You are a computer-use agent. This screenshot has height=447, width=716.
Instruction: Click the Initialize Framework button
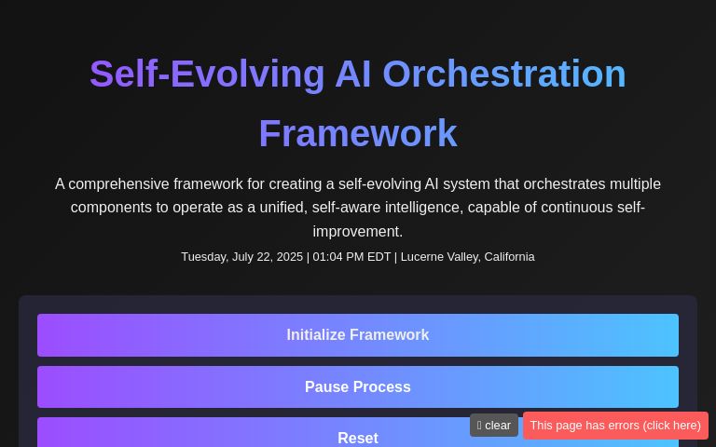click(357, 335)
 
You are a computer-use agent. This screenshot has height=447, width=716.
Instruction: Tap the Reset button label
click(357, 438)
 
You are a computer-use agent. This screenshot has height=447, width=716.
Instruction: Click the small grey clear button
click(494, 426)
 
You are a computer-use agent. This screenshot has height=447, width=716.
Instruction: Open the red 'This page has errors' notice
click(615, 426)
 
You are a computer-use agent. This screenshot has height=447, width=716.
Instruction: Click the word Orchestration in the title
click(503, 74)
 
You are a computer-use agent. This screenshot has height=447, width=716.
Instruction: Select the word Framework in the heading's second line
click(357, 134)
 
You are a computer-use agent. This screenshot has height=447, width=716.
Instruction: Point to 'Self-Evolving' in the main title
click(207, 74)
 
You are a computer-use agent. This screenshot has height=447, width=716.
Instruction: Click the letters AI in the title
click(352, 74)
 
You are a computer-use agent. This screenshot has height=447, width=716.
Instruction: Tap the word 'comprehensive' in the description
click(118, 184)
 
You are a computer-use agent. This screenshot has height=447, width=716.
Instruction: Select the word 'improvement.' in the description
click(357, 232)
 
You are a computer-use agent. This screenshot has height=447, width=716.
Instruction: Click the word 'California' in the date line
click(508, 257)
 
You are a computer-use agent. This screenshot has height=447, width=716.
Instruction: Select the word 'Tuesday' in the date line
click(203, 257)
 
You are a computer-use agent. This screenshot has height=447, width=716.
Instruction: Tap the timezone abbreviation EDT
click(379, 257)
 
